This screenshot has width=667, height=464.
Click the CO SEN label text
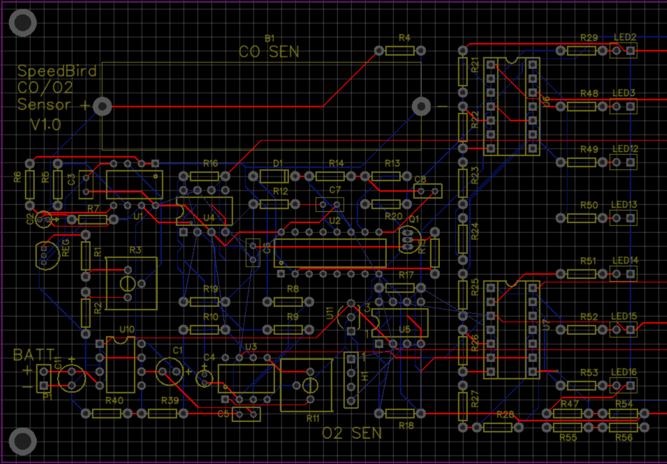[269, 52]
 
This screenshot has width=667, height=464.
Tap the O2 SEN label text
[352, 433]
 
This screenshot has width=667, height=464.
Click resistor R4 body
[400, 50]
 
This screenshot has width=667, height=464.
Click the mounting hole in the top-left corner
[23, 24]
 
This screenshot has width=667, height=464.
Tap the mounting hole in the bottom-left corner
[23, 440]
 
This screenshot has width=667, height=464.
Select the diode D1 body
[273, 176]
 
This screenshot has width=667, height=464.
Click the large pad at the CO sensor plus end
[103, 106]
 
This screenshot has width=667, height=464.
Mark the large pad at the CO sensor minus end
[420, 106]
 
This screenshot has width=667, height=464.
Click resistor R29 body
[581, 50]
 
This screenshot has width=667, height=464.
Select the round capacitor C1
[169, 371]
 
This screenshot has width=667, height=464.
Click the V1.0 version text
[45, 124]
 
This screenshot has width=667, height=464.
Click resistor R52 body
[581, 329]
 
